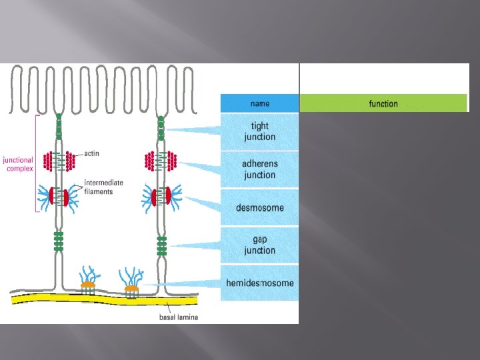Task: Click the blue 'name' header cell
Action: tap(260, 103)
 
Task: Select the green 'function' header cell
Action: tap(383, 103)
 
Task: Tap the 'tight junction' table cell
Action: tap(260, 131)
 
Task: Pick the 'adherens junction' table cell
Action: tap(260, 169)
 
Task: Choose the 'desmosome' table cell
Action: tap(260, 208)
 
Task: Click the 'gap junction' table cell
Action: tap(260, 245)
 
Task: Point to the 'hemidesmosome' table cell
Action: tap(260, 283)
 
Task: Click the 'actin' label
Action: tap(92, 154)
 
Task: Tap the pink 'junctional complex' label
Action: tap(19, 164)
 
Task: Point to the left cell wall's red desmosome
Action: tap(59, 197)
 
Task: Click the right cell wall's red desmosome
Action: tap(161, 196)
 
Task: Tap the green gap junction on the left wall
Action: tap(59, 242)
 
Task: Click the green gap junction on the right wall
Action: tap(161, 245)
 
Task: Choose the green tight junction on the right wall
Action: tap(161, 128)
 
